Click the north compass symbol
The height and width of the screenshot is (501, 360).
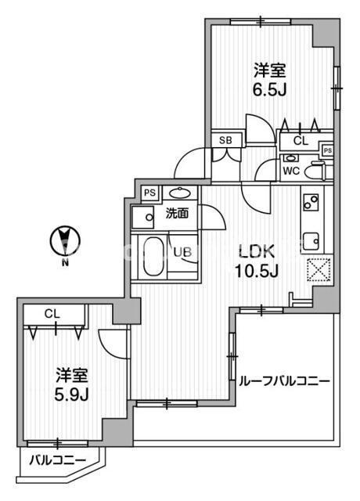point(65,241)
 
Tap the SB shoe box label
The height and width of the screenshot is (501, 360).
point(225,140)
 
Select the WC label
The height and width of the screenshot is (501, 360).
point(291,171)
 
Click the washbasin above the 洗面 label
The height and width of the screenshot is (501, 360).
point(180,193)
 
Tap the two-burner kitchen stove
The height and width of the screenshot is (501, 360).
point(311,202)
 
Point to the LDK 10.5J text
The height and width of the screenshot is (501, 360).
point(257,261)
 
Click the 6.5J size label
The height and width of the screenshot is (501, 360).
point(269,91)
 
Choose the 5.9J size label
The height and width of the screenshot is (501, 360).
point(71,395)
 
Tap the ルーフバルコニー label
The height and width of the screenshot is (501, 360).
point(284,381)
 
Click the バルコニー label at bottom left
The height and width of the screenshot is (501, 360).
point(58,460)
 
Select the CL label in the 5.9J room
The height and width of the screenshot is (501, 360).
point(52,314)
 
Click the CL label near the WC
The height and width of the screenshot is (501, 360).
point(301,141)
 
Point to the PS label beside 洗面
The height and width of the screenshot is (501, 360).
point(150,193)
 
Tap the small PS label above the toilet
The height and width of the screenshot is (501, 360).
point(328,150)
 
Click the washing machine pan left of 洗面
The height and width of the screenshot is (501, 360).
point(142,218)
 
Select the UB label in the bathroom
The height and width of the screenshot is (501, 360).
point(182,252)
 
